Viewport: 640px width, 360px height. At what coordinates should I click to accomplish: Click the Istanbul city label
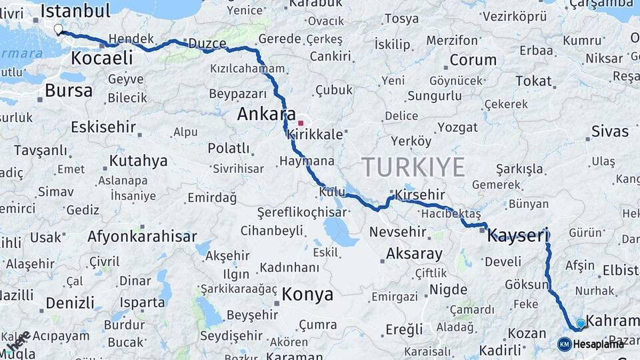pyautogui.click(x=75, y=11)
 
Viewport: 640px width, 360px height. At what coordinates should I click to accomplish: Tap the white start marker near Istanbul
pyautogui.click(x=58, y=29)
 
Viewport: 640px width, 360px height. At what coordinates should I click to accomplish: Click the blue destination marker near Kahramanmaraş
pyautogui.click(x=581, y=324)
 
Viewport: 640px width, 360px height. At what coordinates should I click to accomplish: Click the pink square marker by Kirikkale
pyautogui.click(x=301, y=123)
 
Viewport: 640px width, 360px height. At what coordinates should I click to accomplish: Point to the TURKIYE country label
pyautogui.click(x=413, y=167)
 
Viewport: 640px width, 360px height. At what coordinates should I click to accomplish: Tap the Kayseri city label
pyautogui.click(x=517, y=235)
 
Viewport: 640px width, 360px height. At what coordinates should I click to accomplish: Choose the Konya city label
pyautogui.click(x=307, y=294)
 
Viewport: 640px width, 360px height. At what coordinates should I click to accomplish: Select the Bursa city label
pyautogui.click(x=69, y=90)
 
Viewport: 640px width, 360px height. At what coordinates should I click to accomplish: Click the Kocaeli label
pyautogui.click(x=101, y=58)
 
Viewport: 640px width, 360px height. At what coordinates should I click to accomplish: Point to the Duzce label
pyautogui.click(x=207, y=44)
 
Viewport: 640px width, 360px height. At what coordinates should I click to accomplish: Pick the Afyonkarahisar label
pyautogui.click(x=142, y=237)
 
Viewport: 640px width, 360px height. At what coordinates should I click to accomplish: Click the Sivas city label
pyautogui.click(x=609, y=131)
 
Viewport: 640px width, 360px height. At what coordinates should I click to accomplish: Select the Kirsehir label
pyautogui.click(x=419, y=195)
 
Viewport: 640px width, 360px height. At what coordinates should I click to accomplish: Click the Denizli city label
pyautogui.click(x=70, y=303)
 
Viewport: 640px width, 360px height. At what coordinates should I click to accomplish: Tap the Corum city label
pyautogui.click(x=473, y=60)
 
